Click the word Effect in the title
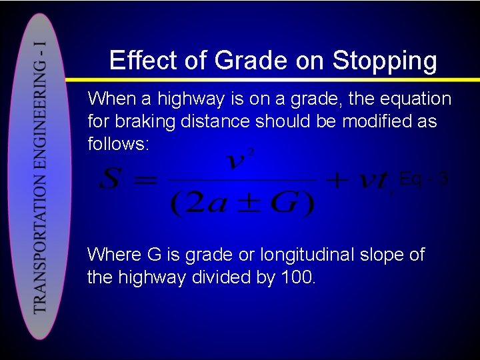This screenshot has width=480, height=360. (144, 61)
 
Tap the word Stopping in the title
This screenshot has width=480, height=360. (384, 61)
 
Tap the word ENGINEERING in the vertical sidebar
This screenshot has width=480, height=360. (41, 123)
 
